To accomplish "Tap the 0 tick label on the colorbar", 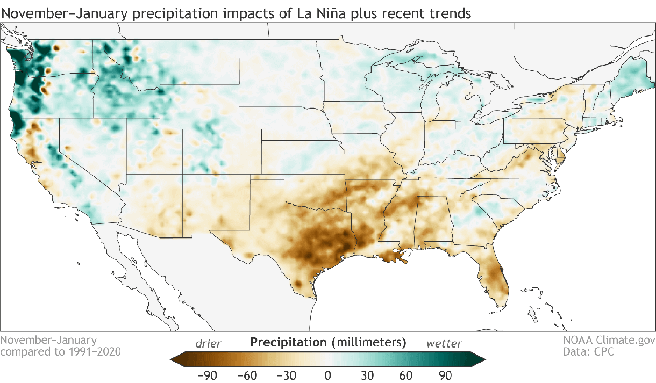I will click(x=328, y=374).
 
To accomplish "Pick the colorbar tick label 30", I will click(x=368, y=374).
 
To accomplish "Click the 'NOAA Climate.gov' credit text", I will click(x=609, y=340).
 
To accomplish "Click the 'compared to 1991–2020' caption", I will click(x=60, y=352).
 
